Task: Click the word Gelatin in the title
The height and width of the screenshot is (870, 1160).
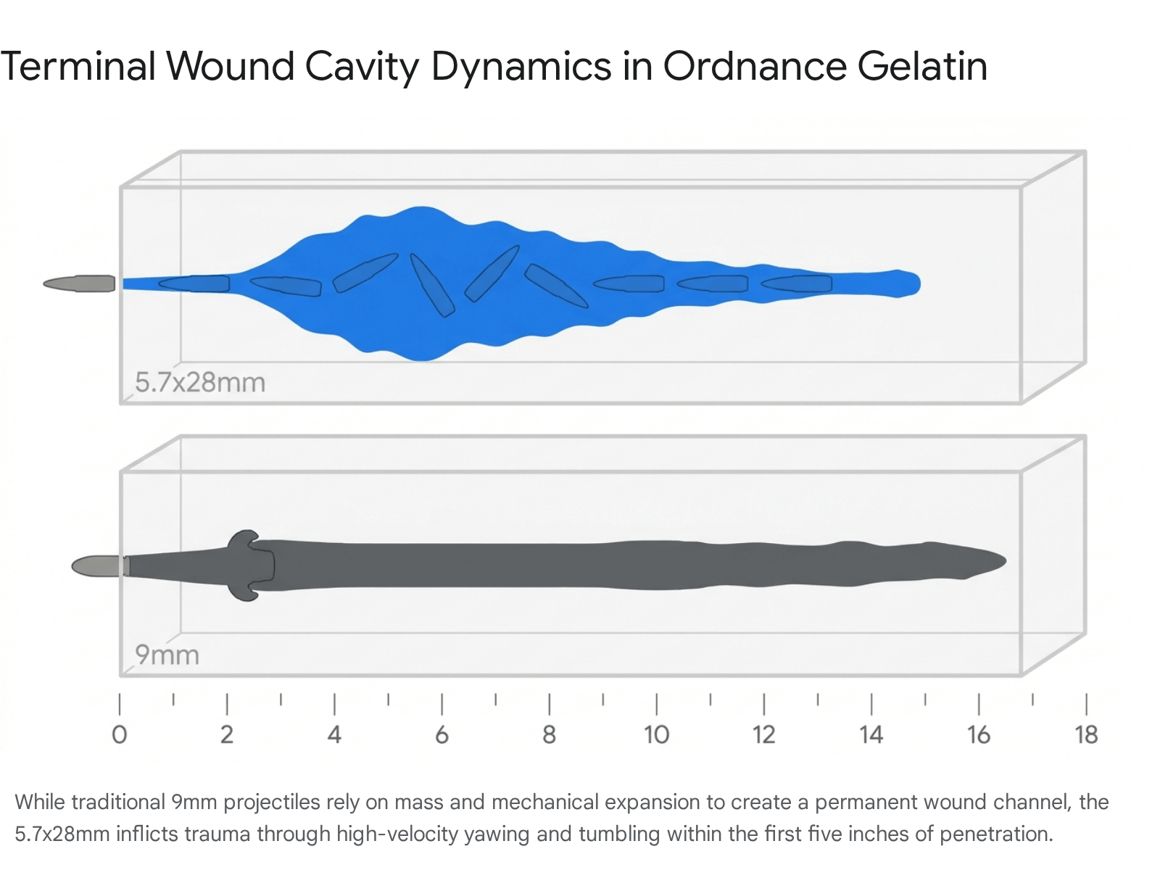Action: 922,67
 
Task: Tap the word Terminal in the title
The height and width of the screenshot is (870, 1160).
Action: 78,67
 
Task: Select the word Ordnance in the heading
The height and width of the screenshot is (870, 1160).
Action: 755,67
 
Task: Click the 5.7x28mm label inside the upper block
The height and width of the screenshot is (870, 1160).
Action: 200,382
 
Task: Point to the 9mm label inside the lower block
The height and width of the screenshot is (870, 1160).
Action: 167,655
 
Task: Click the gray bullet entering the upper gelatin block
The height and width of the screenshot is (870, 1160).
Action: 79,283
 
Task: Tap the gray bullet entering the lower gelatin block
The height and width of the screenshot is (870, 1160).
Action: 100,566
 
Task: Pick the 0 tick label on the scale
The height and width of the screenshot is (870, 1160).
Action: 120,734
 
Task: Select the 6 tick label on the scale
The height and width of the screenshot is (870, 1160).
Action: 442,734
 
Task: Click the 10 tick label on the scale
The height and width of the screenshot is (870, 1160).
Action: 656,734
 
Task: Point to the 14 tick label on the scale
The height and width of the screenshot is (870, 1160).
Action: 871,734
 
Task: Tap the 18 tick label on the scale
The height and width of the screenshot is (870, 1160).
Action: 1086,734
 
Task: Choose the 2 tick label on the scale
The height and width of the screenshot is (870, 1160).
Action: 227,734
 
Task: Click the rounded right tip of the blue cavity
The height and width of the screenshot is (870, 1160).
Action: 919,284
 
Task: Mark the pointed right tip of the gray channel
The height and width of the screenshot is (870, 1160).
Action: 1005,561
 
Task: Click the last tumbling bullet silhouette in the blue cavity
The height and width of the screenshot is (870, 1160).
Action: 796,283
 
